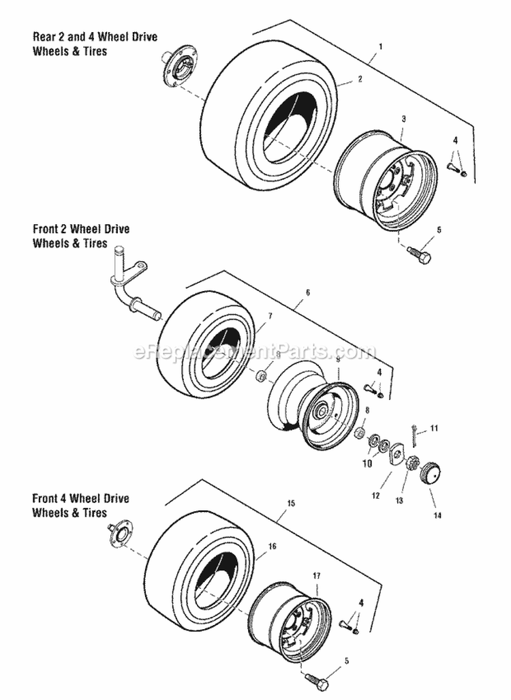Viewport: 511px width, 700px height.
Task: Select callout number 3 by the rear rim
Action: (404, 119)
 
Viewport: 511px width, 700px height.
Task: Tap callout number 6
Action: (308, 292)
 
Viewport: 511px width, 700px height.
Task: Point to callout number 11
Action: (434, 428)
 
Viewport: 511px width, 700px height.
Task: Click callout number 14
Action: (437, 515)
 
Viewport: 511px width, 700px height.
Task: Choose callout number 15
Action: (291, 503)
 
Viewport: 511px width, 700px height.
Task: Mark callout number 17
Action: (316, 576)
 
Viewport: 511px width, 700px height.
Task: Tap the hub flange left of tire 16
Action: (119, 532)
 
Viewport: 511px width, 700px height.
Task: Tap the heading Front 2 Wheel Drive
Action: (80, 230)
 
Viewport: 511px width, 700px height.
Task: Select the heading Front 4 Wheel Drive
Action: (80, 499)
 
